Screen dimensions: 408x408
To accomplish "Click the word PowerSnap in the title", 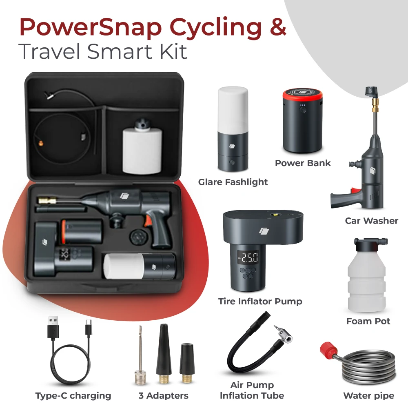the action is coord(91,27).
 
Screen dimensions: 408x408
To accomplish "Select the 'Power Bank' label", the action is coord(303,163).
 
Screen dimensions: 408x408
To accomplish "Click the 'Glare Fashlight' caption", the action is coord(233,182).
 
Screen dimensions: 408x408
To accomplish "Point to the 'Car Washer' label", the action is coord(372,221).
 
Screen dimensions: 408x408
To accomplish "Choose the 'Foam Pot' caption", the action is coord(368,322).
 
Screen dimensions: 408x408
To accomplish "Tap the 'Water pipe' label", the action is coord(369,396).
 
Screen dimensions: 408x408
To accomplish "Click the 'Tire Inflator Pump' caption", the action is coord(260,302).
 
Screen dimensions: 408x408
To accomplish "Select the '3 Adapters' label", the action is coord(164,396).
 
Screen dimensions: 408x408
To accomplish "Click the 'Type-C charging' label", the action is coord(73,396).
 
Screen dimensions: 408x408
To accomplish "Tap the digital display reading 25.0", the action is coord(248,257).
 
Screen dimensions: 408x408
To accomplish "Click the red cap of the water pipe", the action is coord(329,350).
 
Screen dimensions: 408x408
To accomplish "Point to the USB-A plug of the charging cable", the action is coord(53,328).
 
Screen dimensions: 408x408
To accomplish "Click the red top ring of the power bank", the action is coord(303,94).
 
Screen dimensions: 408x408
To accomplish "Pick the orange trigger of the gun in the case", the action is coord(149,221).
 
